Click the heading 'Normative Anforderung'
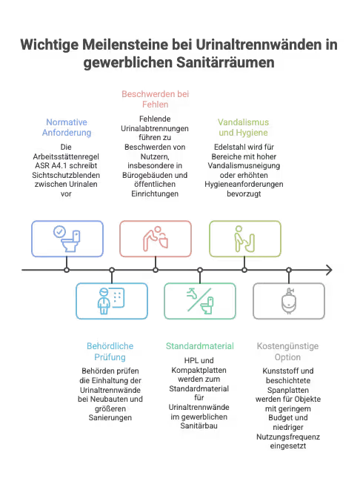click(x=67, y=127)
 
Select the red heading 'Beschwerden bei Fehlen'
click(x=155, y=99)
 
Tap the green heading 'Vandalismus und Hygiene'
click(x=243, y=127)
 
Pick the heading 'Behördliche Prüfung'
click(x=110, y=351)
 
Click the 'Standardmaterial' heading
click(x=200, y=346)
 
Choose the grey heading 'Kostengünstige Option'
click(x=287, y=351)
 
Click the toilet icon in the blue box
click(x=67, y=239)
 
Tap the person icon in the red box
click(x=156, y=239)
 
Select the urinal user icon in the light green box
click(x=245, y=239)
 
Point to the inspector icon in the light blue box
click(x=111, y=301)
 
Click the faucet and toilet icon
click(x=200, y=301)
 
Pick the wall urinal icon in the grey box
click(x=289, y=301)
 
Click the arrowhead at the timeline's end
click(x=330, y=270)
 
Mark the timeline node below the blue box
click(x=67, y=270)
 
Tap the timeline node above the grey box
click(x=289, y=270)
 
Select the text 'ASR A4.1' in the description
click(x=48, y=165)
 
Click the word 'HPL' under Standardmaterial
click(x=191, y=360)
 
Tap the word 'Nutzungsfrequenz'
click(x=288, y=437)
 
